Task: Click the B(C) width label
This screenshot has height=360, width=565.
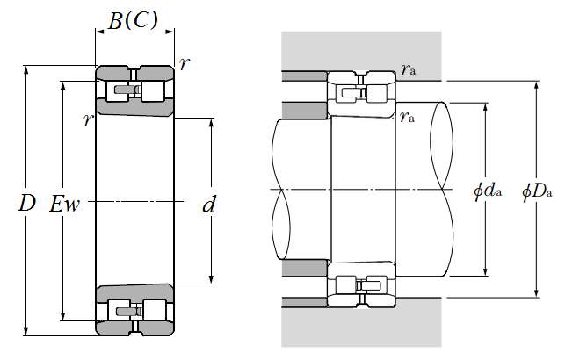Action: click(x=134, y=20)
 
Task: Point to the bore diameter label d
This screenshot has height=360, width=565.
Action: click(x=209, y=206)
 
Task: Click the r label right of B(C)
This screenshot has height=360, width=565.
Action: click(x=183, y=63)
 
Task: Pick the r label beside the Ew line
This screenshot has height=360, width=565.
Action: click(x=88, y=120)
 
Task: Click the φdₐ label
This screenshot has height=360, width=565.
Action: click(x=489, y=190)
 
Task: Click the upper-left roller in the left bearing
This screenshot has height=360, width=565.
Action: click(x=115, y=90)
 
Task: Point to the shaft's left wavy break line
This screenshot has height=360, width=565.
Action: click(x=280, y=189)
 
